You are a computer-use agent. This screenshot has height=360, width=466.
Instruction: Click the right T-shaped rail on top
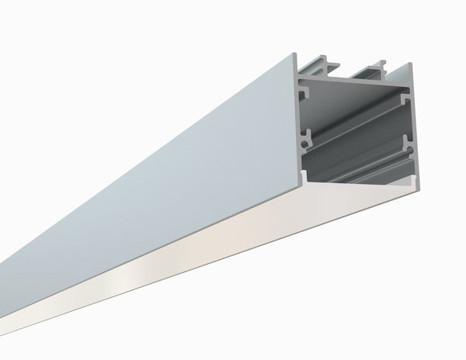381,65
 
